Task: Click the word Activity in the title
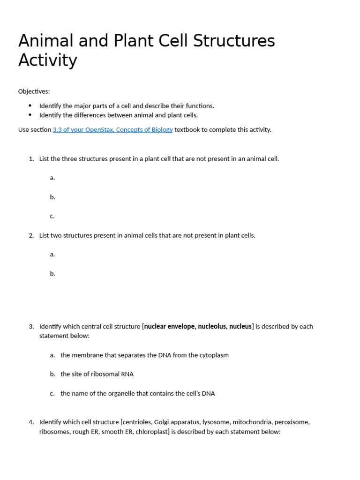(47, 60)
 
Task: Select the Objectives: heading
(34, 91)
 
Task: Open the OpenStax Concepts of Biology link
(112, 130)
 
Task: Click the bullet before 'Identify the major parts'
(30, 106)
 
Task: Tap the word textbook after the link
(187, 130)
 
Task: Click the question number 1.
(31, 159)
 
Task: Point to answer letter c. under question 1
(52, 216)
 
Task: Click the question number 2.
(31, 236)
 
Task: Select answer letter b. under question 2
(52, 274)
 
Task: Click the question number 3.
(31, 327)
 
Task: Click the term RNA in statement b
(127, 375)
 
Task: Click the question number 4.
(31, 422)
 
